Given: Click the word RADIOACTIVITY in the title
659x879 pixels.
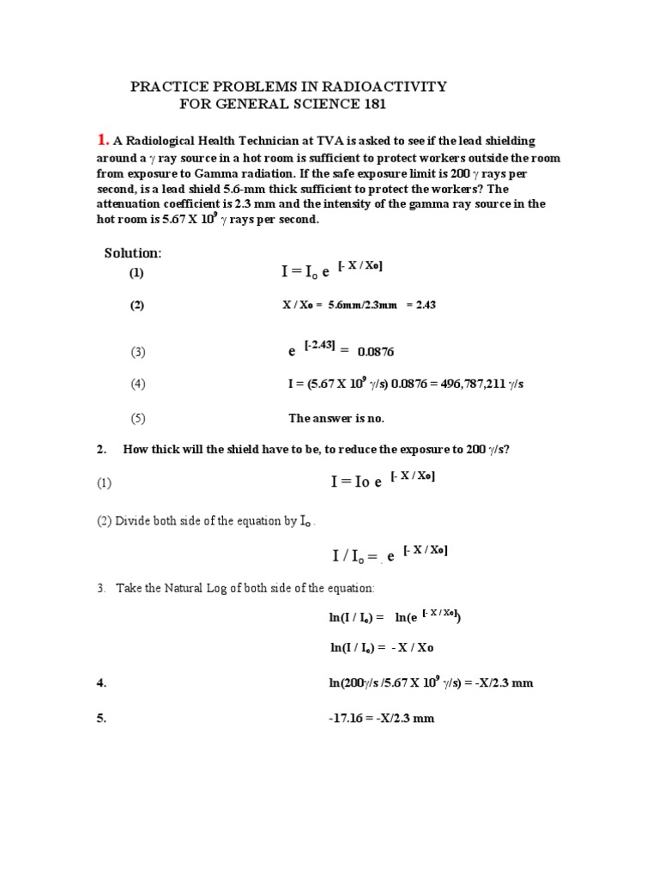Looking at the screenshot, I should click(x=389, y=87).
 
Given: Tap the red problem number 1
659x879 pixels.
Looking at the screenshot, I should click(x=102, y=140).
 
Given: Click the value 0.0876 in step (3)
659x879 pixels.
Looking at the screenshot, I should click(x=376, y=351).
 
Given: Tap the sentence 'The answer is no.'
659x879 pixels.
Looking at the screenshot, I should click(x=336, y=418).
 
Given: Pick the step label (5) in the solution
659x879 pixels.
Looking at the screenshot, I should click(x=138, y=418).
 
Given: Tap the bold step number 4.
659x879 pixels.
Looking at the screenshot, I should click(x=101, y=682).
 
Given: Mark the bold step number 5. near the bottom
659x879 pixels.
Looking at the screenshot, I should click(x=101, y=718).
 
